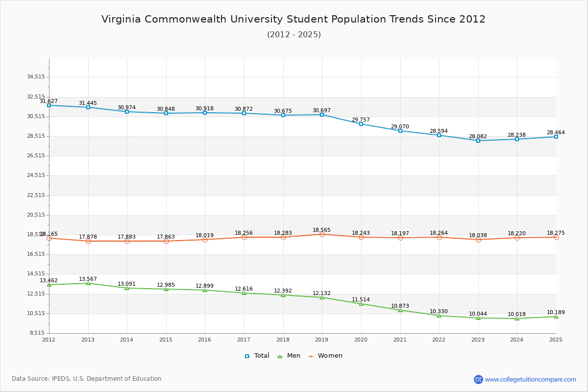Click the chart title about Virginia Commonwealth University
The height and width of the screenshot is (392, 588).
click(294, 19)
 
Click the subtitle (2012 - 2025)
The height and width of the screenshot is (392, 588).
click(294, 34)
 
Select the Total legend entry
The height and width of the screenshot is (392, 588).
click(257, 356)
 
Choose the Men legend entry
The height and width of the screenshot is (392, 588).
click(290, 356)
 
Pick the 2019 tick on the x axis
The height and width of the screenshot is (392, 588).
click(322, 340)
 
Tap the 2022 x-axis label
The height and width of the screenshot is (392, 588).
click(439, 340)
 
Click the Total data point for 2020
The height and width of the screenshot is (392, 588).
click(361, 124)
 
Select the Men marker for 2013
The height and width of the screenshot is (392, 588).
click(88, 283)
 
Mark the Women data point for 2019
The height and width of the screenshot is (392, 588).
click(322, 234)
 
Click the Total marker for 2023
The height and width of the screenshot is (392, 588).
click(478, 141)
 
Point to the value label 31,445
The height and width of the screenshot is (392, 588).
click(88, 103)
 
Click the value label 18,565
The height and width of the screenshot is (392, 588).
click(321, 230)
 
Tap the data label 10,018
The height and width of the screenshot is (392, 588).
click(516, 315)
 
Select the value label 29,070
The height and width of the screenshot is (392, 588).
click(400, 127)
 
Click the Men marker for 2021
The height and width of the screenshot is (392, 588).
click(400, 310)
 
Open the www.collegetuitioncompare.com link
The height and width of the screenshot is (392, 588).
click(530, 379)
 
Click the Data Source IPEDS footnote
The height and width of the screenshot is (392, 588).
click(87, 379)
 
